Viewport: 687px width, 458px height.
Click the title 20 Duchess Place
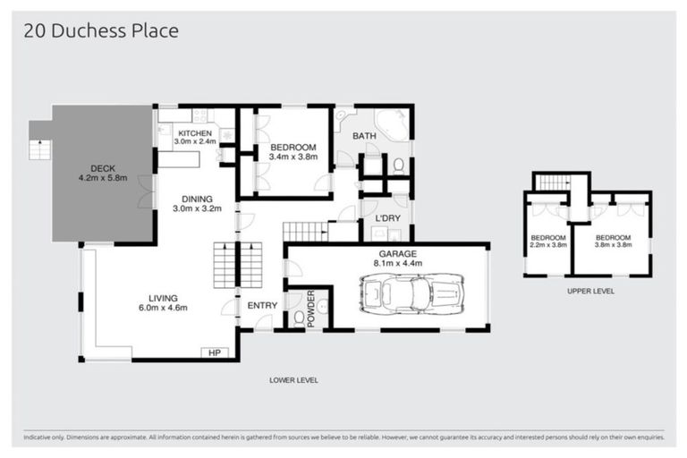point(100,31)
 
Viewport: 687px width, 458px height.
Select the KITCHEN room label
point(194,133)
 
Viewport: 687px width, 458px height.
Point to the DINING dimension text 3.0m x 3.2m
point(194,208)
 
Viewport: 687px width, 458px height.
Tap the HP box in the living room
point(215,352)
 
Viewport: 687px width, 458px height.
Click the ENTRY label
point(262,306)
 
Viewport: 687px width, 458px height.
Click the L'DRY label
point(386,218)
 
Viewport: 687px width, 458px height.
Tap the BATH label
point(363,136)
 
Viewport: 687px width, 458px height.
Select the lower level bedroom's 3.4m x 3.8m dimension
point(293,157)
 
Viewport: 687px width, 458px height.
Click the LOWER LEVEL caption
point(293,380)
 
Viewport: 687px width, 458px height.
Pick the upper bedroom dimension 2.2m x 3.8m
point(547,244)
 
